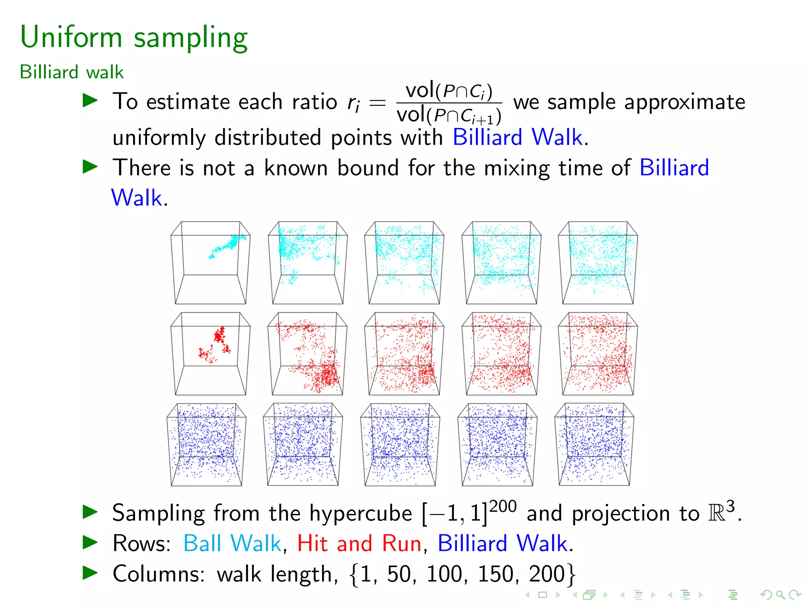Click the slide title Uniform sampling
pos(134,38)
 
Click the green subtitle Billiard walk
pos(71,72)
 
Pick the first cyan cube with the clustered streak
pos(211,263)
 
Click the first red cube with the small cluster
pos(211,354)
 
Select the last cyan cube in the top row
pos(598,263)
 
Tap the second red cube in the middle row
pos(307,354)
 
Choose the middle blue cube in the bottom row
pos(400,445)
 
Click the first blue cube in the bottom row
pos(207,445)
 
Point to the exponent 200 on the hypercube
pos(502,507)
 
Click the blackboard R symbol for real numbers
pos(717,513)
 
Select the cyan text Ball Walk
pos(232,543)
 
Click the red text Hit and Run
pos(359,543)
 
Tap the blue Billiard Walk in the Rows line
pos(502,543)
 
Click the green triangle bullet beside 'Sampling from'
pos(90,512)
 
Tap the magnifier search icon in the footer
pos(780,594)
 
